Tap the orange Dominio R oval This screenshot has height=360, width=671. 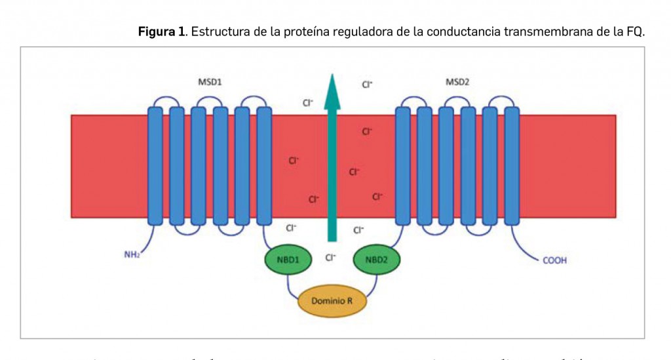pos(332,301)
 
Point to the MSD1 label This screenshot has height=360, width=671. pos(210,83)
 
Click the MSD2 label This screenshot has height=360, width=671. pos(457,83)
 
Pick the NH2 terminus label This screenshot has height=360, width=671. pos(132,254)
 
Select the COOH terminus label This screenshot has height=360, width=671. pos(554,260)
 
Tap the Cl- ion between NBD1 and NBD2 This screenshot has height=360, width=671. pos(330,258)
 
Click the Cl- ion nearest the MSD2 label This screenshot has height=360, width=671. pos(367,84)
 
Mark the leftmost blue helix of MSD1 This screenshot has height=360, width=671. pos(155,167)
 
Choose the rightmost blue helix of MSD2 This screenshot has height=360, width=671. pos(512,167)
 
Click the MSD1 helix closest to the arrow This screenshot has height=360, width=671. pos(264,167)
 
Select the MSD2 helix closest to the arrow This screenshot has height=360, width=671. pos(403,167)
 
